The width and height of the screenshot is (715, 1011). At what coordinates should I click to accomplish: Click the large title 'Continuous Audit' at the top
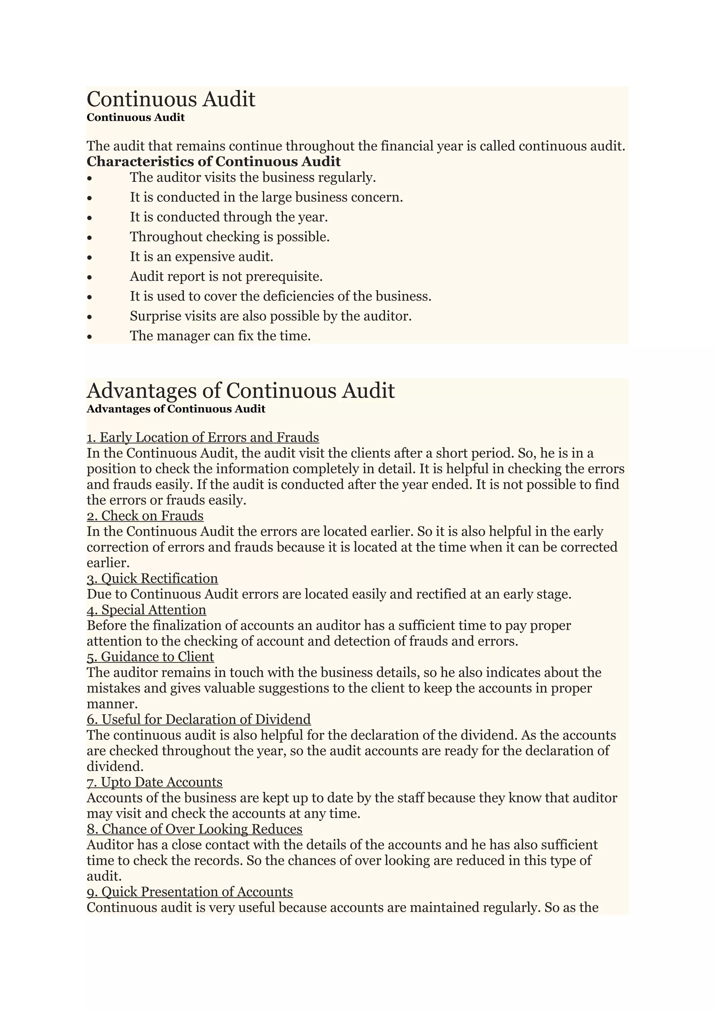171,99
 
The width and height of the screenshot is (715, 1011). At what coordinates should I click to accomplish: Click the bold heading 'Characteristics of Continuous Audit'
213,162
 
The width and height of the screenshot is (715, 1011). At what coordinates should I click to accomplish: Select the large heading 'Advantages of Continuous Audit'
241,391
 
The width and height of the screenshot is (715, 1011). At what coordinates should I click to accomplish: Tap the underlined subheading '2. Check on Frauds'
145,516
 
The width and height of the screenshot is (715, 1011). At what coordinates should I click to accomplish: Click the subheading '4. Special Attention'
146,610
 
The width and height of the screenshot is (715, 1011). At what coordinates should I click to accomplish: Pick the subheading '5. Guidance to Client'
150,657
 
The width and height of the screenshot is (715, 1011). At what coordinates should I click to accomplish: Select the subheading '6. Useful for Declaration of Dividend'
199,719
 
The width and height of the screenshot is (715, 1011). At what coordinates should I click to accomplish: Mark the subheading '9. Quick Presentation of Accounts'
190,892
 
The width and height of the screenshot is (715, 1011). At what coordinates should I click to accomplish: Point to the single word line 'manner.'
112,704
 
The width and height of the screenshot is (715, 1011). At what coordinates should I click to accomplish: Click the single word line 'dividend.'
115,766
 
